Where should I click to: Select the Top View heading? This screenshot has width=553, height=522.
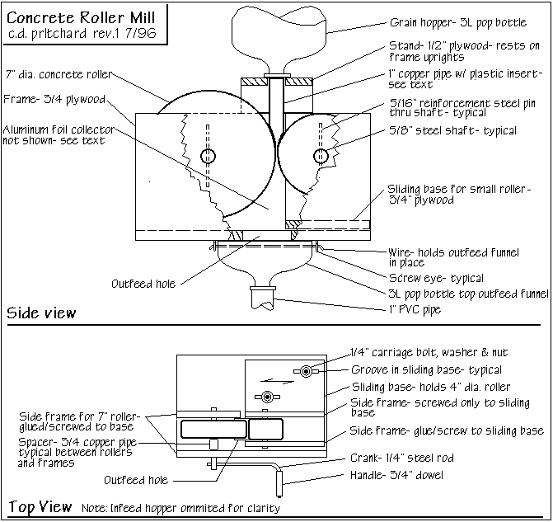coord(40,506)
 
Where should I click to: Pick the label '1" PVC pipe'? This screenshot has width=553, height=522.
coord(415,309)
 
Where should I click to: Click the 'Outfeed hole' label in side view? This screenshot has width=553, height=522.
coord(144,284)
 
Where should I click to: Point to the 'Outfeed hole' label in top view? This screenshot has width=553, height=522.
coord(136,479)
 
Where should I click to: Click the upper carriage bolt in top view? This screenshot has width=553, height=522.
coord(305,372)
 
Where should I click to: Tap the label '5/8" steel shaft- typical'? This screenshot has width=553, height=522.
coord(452,130)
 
